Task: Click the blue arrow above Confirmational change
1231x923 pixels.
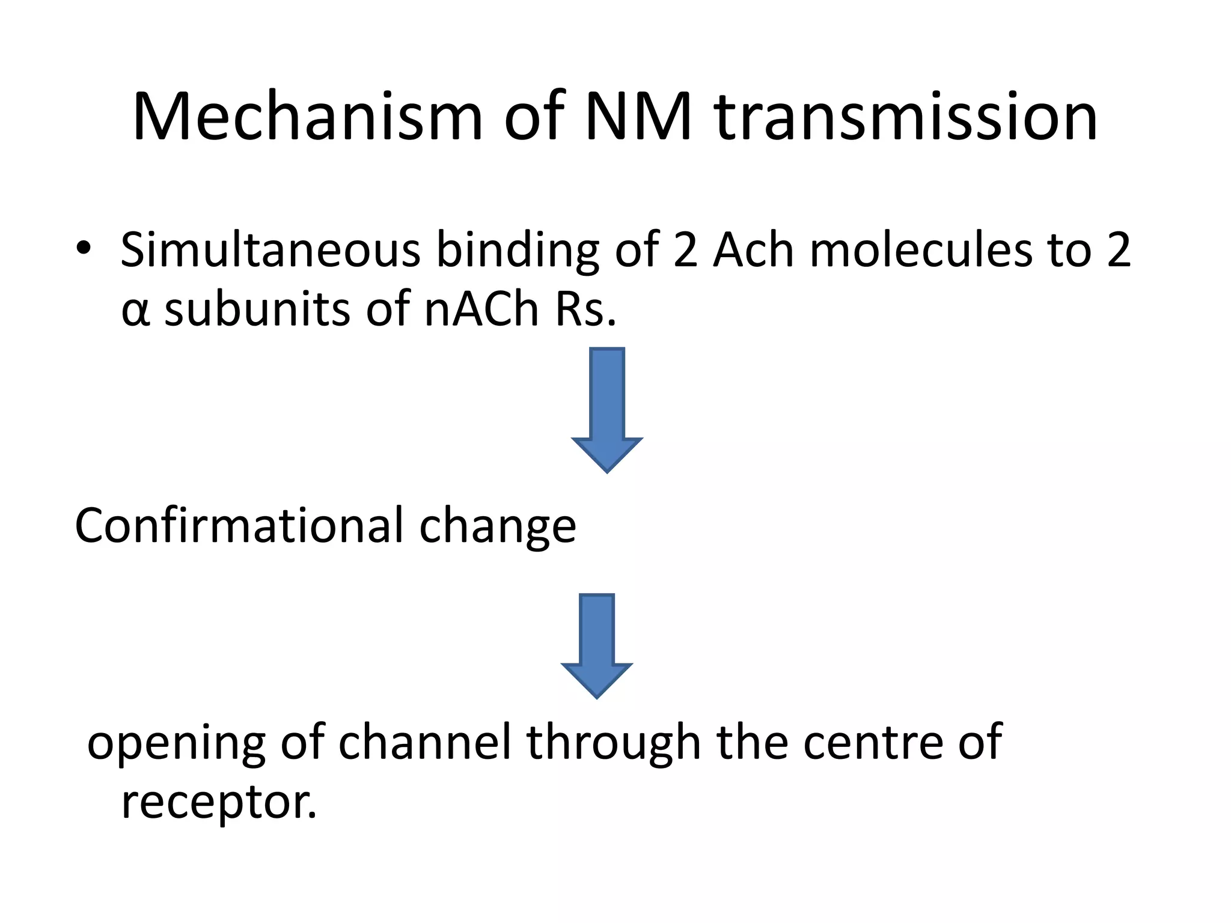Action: click(x=607, y=409)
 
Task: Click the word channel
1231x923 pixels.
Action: click(x=424, y=743)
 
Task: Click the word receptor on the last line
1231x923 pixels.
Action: click(x=218, y=803)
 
